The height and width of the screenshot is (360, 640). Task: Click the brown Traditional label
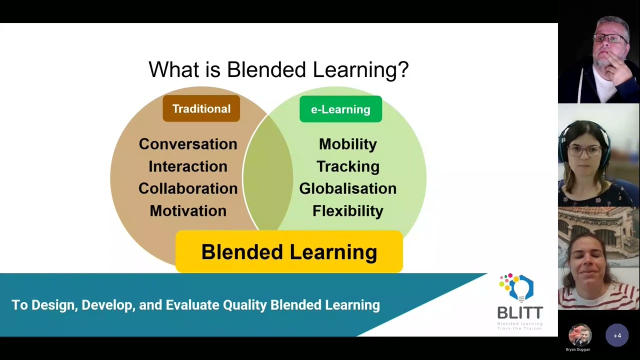click(x=201, y=109)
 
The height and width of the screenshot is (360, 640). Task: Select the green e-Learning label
click(x=340, y=109)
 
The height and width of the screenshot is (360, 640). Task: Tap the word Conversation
click(x=188, y=144)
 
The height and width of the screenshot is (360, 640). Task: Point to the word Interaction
click(x=188, y=166)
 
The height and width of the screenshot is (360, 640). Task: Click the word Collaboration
click(x=188, y=188)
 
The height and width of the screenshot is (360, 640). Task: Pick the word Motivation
click(x=188, y=211)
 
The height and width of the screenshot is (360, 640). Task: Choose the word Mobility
click(x=347, y=144)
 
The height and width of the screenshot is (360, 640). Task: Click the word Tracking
click(x=347, y=166)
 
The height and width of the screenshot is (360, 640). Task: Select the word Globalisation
click(x=347, y=188)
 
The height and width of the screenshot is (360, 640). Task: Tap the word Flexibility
click(x=347, y=211)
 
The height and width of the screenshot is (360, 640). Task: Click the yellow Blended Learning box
click(x=289, y=252)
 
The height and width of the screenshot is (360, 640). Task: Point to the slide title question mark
click(x=403, y=69)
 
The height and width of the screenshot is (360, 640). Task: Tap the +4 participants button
click(x=617, y=335)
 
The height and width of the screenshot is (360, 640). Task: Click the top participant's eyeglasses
click(x=610, y=38)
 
